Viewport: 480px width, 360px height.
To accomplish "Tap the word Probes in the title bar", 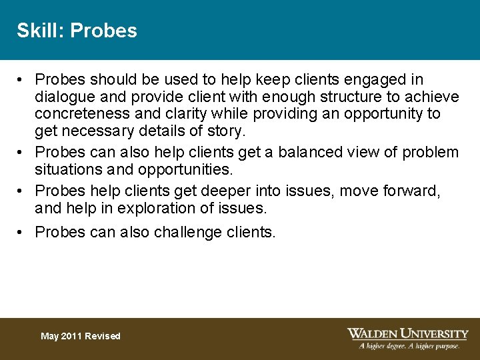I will coord(103,31).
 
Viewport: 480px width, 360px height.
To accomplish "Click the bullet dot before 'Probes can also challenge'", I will coord(21,232).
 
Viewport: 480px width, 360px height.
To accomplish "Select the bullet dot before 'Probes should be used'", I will coord(21,80).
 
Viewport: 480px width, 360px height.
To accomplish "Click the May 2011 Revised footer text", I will coord(80,336).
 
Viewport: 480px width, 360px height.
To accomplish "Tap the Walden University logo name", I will coord(407,333).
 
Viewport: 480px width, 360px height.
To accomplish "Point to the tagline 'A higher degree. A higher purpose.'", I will coord(409,346).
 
